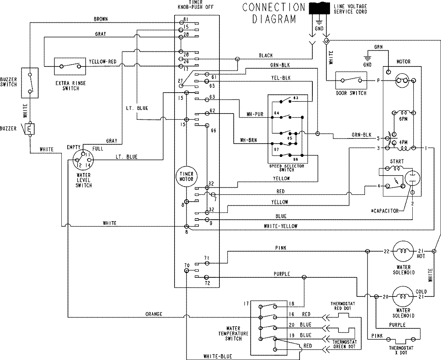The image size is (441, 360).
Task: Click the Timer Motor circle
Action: click(x=187, y=176)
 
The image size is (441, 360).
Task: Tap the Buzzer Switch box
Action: click(x=30, y=82)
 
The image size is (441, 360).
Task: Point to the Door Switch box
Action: click(x=351, y=80)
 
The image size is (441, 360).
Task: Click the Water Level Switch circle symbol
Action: click(x=83, y=159)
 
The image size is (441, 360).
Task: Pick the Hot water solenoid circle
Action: click(x=404, y=251)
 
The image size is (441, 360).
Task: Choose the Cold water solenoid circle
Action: click(x=404, y=296)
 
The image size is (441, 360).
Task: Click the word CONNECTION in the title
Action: click(x=274, y=7)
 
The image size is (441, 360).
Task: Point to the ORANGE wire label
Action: click(x=154, y=314)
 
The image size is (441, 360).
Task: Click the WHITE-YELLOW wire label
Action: click(x=281, y=226)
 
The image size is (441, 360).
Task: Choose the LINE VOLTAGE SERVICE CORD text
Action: click(x=350, y=9)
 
